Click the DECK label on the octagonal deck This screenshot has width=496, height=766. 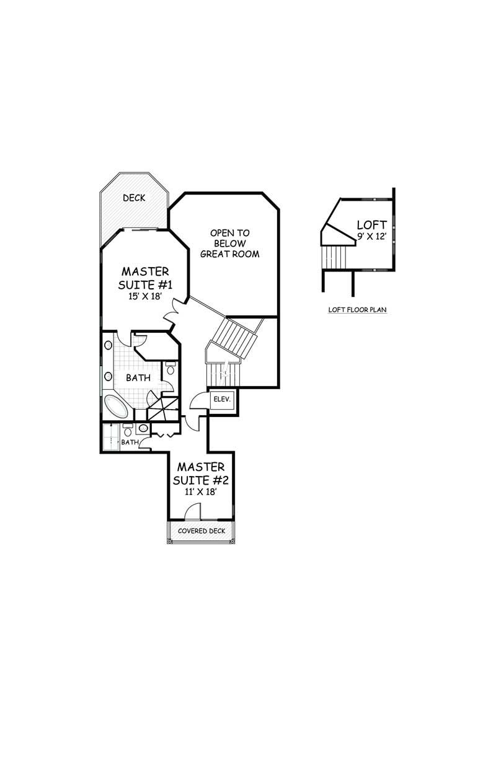134,198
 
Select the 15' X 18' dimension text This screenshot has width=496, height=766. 144,296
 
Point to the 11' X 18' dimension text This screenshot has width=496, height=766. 201,491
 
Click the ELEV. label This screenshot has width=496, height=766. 223,399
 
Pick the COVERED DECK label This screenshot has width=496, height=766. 201,531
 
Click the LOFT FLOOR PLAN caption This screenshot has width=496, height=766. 358,310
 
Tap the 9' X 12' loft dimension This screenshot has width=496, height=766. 372,236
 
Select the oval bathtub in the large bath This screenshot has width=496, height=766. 115,407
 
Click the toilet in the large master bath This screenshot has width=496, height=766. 170,369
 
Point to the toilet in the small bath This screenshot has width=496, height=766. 128,431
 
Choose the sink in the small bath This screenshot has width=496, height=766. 144,428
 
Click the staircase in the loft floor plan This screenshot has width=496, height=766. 335,257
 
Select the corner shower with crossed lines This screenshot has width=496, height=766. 163,408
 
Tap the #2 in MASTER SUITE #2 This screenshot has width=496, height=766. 221,480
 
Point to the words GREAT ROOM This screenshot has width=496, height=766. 230,254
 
